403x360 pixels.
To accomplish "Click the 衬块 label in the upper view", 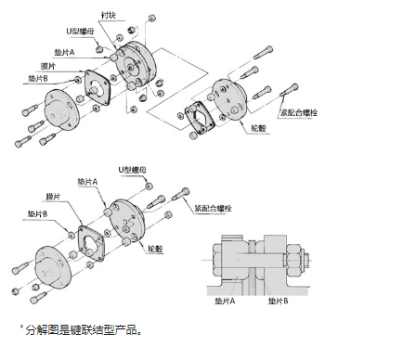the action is tap(109, 15).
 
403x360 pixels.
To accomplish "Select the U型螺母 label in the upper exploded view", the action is tap(80, 32).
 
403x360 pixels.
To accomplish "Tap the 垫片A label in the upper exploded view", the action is tap(64, 52).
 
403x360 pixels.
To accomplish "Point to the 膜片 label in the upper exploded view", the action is tap(48, 66).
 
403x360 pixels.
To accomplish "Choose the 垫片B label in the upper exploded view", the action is tap(38, 79).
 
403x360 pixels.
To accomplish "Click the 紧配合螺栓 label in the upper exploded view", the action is tap(299, 112).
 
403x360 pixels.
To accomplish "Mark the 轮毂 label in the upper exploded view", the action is tap(259, 128).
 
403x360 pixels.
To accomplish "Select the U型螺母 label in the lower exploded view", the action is tap(133, 170).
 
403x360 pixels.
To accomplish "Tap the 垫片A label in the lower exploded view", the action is tap(87, 182).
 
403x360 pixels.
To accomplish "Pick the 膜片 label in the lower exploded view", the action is tap(53, 197).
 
